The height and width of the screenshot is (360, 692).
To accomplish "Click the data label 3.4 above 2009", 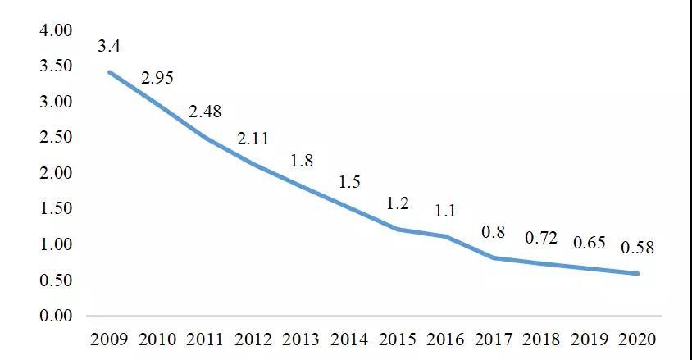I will (109, 46).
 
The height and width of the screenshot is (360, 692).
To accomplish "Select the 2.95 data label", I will (157, 79).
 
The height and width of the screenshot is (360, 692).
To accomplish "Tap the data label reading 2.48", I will (205, 112).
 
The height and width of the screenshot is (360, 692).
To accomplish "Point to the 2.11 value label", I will (253, 139).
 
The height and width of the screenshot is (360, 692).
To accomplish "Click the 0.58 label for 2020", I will (637, 248).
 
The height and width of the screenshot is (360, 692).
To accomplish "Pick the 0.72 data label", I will (541, 239).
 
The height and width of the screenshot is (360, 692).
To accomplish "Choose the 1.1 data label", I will (445, 211).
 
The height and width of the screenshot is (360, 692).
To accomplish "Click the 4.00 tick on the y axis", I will (56, 30).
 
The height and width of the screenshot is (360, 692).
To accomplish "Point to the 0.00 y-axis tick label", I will (56, 316).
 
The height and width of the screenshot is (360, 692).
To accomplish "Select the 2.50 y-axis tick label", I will (56, 137).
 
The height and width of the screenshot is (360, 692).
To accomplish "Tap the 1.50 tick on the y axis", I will (56, 208).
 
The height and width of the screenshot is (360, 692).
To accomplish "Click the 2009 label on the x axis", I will (109, 339).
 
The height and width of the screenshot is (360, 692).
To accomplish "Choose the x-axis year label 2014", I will (349, 339).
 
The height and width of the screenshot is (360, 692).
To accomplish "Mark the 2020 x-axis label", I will (637, 339).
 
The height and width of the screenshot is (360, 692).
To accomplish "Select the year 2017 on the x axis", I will (494, 339).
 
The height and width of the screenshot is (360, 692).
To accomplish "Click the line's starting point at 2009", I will (109, 72).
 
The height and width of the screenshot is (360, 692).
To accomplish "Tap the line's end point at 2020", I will (637, 274).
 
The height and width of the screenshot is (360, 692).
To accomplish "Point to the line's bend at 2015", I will (398, 229).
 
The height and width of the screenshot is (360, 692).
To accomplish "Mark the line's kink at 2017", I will (494, 257).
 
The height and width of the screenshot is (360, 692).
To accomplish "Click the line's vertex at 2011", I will (205, 138).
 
